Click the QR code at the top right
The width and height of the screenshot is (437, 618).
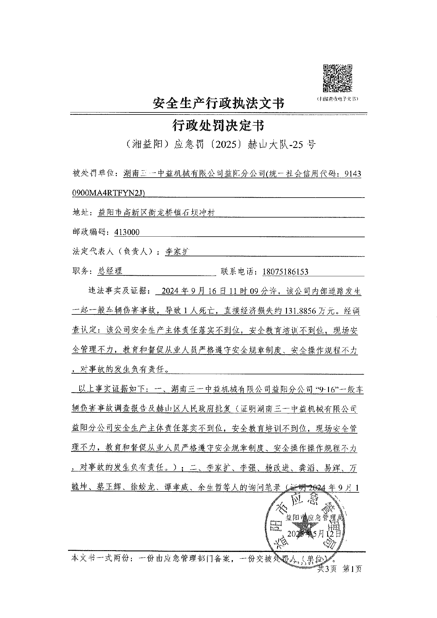tap(337, 78)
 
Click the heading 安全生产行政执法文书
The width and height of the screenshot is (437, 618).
tap(219, 104)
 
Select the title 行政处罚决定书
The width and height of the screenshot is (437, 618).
tap(218, 126)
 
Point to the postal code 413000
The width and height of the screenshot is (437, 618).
tap(127, 232)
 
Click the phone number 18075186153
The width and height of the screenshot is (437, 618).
tap(285, 272)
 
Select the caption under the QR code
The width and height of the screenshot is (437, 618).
tap(337, 99)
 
